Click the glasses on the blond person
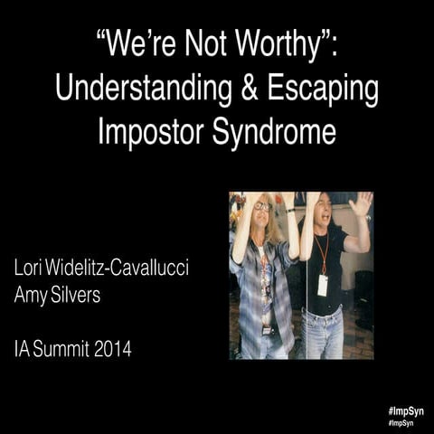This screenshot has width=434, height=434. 262,207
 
